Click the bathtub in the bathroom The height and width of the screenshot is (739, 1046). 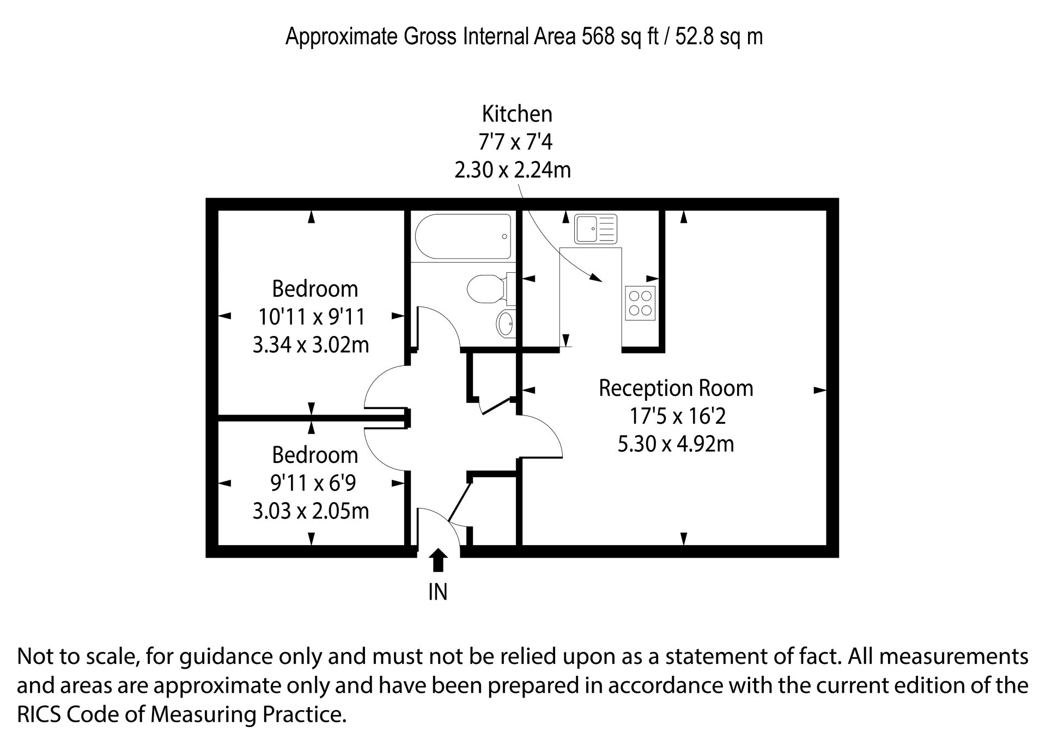(x=463, y=236)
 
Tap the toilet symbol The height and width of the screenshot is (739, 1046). (x=491, y=289)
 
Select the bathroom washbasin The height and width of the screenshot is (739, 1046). (x=506, y=324)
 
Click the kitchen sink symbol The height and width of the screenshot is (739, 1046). (x=595, y=229)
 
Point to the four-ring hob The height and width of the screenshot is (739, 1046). (x=640, y=303)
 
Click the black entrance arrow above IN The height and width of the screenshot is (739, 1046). (x=437, y=560)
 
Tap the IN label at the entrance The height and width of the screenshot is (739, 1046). (x=438, y=592)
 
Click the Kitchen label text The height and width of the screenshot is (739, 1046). (x=517, y=114)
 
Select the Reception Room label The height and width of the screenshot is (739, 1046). (x=676, y=388)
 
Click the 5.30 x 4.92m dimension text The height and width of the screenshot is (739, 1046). (x=676, y=444)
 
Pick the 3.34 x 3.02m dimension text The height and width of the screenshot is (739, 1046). (x=311, y=345)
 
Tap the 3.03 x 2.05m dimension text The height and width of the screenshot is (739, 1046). (x=311, y=511)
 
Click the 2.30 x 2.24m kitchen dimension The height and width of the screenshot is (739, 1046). (x=513, y=170)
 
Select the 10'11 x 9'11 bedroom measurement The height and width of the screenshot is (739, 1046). (x=311, y=316)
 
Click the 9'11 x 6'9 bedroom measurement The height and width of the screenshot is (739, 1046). (x=313, y=483)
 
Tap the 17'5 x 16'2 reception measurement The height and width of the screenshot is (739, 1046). (x=678, y=417)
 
